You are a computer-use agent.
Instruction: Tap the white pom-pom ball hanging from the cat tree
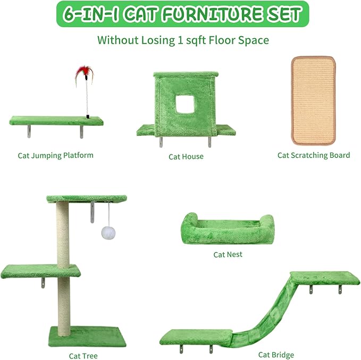pyautogui.click(x=109, y=233)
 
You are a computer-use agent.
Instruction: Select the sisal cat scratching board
pyautogui.click(x=313, y=100)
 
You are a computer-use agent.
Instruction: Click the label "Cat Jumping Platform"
pyautogui.click(x=55, y=156)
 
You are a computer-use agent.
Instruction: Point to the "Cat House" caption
pyautogui.click(x=186, y=157)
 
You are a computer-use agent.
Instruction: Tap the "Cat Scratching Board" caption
pyautogui.click(x=313, y=156)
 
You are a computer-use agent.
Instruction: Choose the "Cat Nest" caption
pyautogui.click(x=228, y=254)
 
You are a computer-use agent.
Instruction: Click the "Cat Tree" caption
pyautogui.click(x=83, y=356)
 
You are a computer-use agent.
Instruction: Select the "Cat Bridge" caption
pyautogui.click(x=276, y=355)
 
